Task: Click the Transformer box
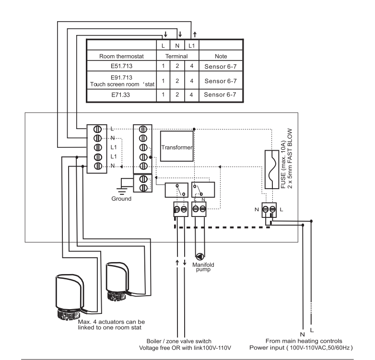click(x=177, y=146)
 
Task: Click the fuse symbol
click(x=272, y=169)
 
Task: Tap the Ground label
click(x=121, y=199)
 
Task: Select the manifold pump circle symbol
click(x=200, y=257)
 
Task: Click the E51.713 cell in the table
click(x=121, y=66)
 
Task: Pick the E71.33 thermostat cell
click(x=120, y=95)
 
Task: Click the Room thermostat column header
click(x=121, y=56)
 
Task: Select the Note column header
click(x=221, y=56)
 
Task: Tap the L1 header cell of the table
click(x=191, y=46)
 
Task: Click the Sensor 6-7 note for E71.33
click(x=220, y=95)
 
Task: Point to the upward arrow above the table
click(x=195, y=35)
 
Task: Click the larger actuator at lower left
click(x=70, y=297)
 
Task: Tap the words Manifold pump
click(x=203, y=267)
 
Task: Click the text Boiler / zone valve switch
click(x=179, y=341)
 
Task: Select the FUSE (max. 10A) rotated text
click(x=283, y=165)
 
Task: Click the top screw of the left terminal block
click(x=97, y=129)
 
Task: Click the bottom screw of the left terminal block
click(x=97, y=166)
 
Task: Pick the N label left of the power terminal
click(x=257, y=210)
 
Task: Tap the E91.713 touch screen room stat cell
click(x=121, y=81)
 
